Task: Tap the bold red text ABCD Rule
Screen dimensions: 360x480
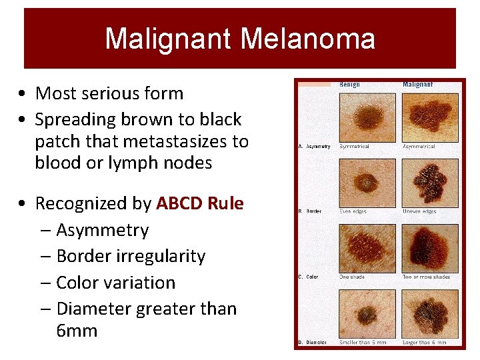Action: click(200, 203)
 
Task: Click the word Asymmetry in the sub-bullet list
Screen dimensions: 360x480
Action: click(102, 230)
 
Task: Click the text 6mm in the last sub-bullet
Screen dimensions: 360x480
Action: click(77, 331)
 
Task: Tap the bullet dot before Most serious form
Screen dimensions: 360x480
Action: click(23, 93)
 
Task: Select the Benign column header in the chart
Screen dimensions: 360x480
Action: click(349, 85)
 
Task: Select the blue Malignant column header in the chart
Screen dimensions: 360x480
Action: click(417, 85)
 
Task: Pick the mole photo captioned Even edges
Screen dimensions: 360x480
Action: click(367, 182)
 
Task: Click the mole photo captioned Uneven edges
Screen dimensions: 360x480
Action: click(430, 182)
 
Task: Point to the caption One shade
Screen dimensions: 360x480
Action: click(352, 277)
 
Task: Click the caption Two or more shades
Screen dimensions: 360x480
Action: click(426, 277)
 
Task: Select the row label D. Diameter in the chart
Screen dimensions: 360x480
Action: click(312, 343)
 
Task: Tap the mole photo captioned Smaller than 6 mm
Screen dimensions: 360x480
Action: click(367, 313)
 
